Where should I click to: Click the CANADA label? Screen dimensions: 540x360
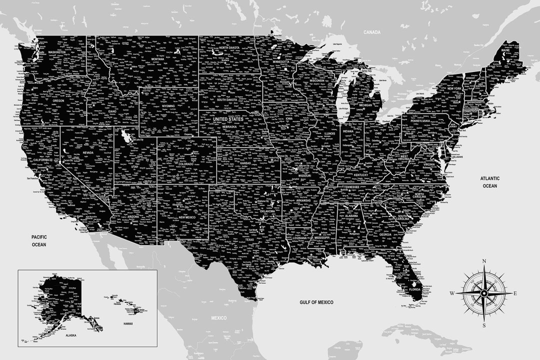372,32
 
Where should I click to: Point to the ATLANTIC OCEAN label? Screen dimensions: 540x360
490,182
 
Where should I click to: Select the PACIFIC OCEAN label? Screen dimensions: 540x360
38,240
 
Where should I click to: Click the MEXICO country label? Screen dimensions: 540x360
218,318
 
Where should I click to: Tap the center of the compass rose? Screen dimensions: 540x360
484,293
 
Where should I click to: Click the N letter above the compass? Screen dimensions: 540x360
484,261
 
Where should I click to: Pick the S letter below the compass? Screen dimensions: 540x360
484,325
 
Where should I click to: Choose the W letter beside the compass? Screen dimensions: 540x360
452,293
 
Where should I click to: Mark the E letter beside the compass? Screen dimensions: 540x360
515,293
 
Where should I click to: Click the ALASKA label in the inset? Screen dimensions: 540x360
70,335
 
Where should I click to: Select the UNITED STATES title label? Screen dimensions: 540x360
228,119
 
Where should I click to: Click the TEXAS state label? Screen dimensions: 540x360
250,239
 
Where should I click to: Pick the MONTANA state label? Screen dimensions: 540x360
157,59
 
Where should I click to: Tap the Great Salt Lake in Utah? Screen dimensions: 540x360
123,136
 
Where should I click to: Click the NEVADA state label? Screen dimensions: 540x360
88,152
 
